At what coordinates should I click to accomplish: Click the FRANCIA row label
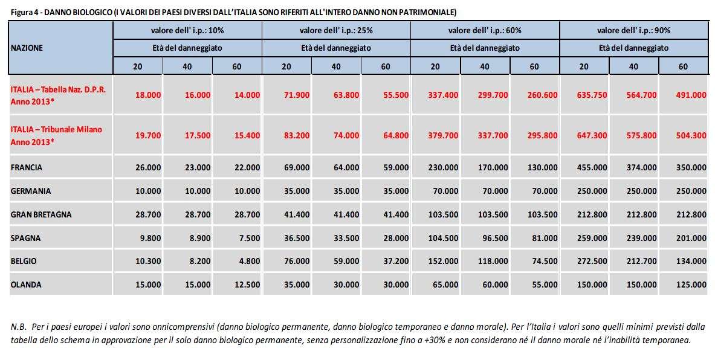tap(27, 167)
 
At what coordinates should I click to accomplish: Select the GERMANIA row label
tap(31, 191)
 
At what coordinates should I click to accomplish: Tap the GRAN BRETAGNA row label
tap(41, 214)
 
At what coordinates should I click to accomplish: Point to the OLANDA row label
tap(26, 284)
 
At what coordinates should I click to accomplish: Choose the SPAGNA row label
tap(26, 238)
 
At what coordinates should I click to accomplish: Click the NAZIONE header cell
tap(27, 48)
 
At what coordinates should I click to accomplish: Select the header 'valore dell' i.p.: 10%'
tap(187, 30)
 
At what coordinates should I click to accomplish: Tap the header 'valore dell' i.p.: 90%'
tap(633, 30)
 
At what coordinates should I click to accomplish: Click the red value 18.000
tap(148, 95)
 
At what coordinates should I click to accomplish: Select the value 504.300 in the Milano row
tap(691, 135)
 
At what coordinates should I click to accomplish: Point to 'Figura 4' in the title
tap(24, 12)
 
